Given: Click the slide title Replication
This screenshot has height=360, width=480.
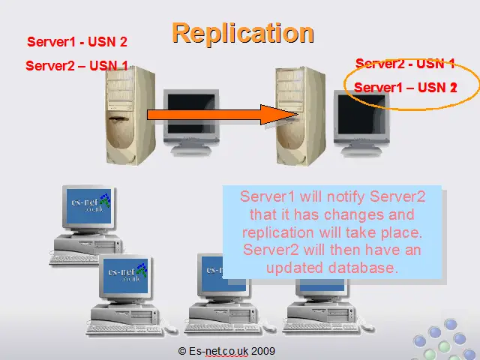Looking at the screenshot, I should [x=242, y=33].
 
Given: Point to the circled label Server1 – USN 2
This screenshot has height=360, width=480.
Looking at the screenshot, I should [x=405, y=88].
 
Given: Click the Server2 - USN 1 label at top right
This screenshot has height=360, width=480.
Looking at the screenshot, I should [x=405, y=64].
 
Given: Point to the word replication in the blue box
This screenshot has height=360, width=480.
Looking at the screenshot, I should [x=277, y=232].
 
